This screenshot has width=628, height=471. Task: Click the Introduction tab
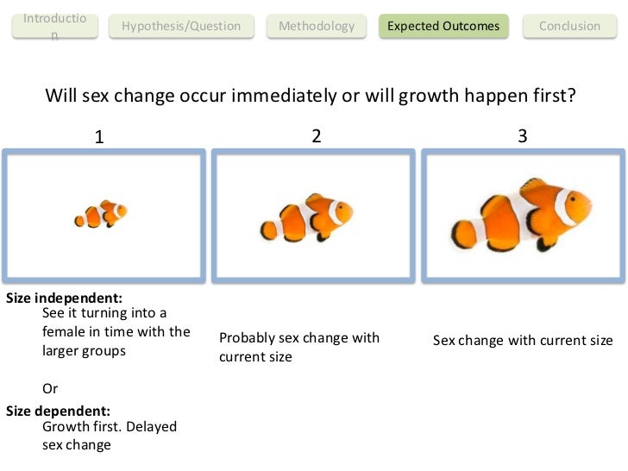tap(54, 26)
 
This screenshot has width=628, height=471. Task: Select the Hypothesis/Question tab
tap(181, 26)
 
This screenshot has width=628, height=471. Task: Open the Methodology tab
tap(317, 26)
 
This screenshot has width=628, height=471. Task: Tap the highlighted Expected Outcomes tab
tap(443, 26)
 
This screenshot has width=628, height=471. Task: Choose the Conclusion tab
tap(569, 26)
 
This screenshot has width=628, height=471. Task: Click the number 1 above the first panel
tap(99, 136)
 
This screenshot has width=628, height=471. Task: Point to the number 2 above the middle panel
tap(317, 135)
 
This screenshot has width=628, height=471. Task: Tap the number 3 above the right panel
tap(523, 135)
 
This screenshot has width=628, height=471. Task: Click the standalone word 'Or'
tap(50, 389)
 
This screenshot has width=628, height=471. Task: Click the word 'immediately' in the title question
tap(292, 95)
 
